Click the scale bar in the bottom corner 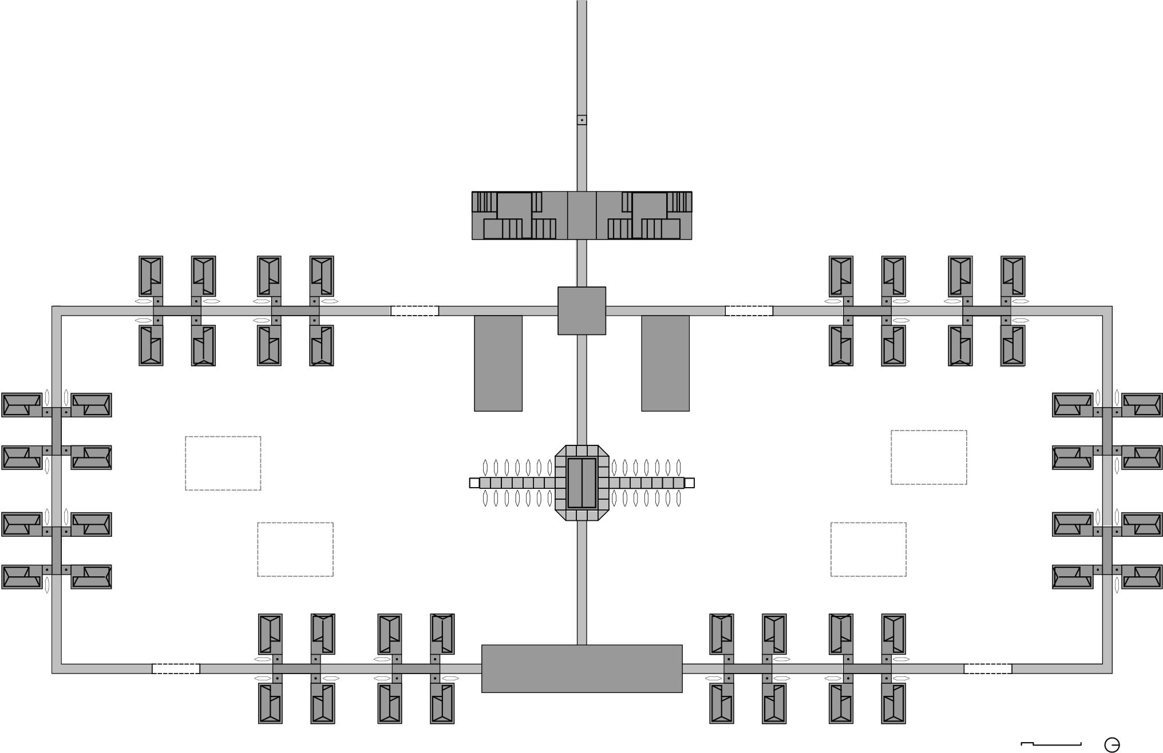coord(1051,744)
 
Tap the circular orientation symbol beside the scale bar coord(1111,745)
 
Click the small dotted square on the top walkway coord(581,120)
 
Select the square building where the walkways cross coord(581,310)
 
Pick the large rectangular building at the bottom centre coord(581,668)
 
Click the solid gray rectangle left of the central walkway coord(498,363)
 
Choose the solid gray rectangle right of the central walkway coord(665,363)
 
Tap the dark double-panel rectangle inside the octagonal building coord(581,483)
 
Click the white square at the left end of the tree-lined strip coord(474,483)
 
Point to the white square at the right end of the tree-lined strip coord(689,483)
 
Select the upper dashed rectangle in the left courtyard coord(223,463)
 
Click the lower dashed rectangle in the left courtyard coord(295,549)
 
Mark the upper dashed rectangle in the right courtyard coord(928,457)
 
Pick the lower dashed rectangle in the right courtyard coord(868,549)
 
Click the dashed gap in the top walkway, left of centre coord(414,311)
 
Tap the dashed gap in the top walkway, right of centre coord(749,311)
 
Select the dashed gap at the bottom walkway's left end coord(176,669)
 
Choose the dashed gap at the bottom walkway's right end coord(987,669)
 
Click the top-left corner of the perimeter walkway coord(57,310)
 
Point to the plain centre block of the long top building coord(581,215)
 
